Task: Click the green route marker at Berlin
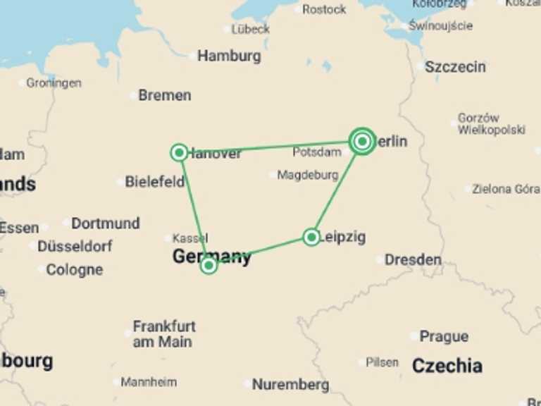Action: (362, 142)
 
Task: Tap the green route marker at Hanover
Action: (179, 152)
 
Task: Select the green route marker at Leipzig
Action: (311, 237)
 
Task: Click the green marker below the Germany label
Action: (209, 265)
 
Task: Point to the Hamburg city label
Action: (229, 56)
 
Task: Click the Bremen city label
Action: (164, 95)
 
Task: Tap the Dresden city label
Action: (413, 259)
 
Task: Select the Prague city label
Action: (444, 337)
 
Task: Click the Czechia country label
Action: (447, 366)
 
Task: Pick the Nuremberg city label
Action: (290, 385)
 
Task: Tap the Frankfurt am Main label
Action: (164, 334)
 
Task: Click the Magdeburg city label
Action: (308, 175)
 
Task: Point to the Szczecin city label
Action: (455, 67)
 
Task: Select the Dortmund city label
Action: (105, 223)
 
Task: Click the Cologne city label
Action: (74, 269)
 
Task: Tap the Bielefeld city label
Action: (155, 182)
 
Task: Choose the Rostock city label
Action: (324, 9)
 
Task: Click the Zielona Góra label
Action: (506, 189)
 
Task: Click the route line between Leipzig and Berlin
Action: (337, 190)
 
